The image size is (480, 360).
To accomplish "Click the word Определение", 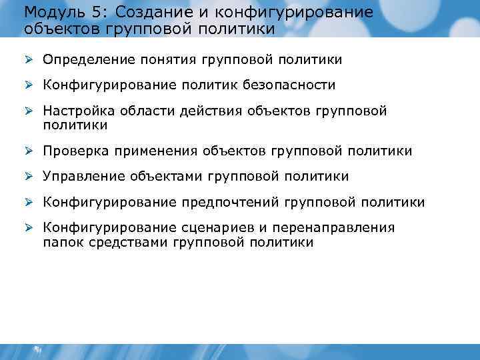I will (x=89, y=60).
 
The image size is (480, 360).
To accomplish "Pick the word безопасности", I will (x=290, y=85).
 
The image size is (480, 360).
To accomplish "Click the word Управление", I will (x=83, y=177).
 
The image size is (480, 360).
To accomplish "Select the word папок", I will (x=61, y=243).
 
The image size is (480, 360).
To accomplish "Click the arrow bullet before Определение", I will (x=29, y=60).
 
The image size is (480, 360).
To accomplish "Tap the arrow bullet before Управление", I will (x=29, y=177).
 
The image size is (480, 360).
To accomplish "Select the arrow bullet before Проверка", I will (x=29, y=151).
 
